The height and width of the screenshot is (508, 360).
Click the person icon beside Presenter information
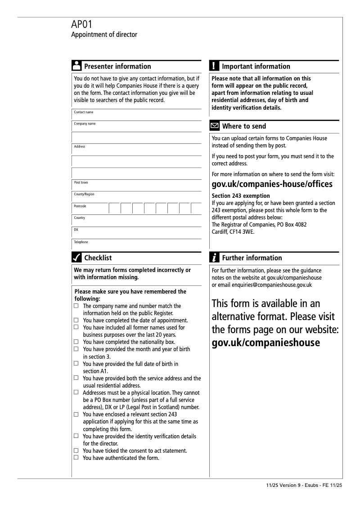click(76, 66)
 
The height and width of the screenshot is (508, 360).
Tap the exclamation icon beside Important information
click(214, 66)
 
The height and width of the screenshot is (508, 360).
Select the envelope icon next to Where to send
click(215, 126)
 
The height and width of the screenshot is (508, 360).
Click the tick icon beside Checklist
click(76, 258)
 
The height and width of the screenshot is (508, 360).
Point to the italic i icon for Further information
click(215, 258)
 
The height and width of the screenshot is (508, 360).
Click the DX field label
click(76, 230)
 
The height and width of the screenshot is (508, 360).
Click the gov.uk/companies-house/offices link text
click(272, 184)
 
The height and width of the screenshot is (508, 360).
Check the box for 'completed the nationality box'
click(76, 342)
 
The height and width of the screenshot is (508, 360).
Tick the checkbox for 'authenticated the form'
click(76, 458)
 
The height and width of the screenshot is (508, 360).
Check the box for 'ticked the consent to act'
click(76, 450)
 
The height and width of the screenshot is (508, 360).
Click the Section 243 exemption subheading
click(240, 196)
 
